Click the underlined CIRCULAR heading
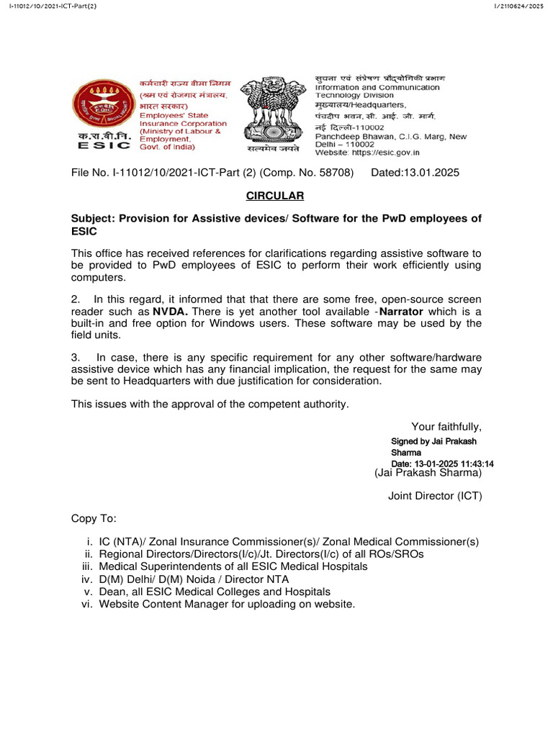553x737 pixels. tap(276, 196)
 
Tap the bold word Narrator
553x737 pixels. tap(401, 311)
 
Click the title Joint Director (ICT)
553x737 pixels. tap(435, 496)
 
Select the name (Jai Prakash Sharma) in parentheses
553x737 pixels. tap(428, 473)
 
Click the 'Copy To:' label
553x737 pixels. tap(93, 519)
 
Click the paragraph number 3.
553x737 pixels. tap(75, 358)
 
